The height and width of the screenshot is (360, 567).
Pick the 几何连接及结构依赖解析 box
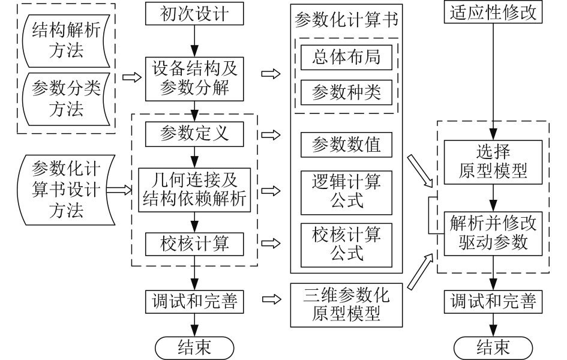[x=193, y=190]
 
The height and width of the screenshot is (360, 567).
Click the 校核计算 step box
[x=194, y=244]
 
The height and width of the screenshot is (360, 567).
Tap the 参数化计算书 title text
[x=347, y=20]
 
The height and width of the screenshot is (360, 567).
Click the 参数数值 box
[x=347, y=144]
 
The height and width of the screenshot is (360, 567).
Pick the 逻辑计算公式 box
[x=347, y=190]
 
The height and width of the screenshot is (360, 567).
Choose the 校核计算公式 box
[x=347, y=244]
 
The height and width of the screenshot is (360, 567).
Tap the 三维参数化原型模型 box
[x=347, y=303]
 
